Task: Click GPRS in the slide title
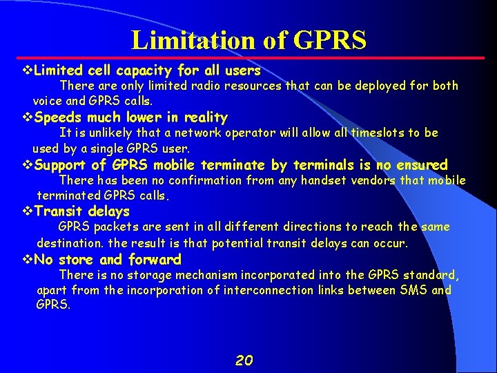[x=329, y=40]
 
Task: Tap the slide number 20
[x=244, y=360]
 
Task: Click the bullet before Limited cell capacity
[x=28, y=70]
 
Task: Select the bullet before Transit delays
[x=28, y=211]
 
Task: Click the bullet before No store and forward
[x=28, y=260]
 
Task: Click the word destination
[x=70, y=243]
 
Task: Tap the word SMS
[x=413, y=290]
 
